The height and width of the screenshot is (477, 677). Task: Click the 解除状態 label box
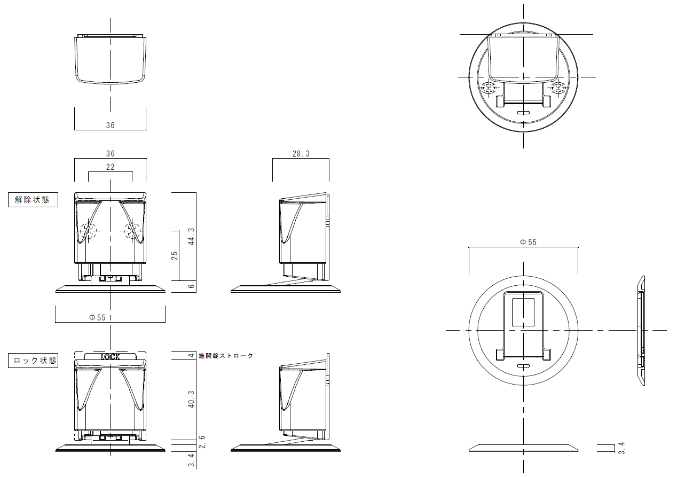pyautogui.click(x=33, y=200)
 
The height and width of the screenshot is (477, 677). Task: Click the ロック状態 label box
pyautogui.click(x=33, y=361)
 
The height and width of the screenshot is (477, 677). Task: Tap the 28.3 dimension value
pyautogui.click(x=301, y=153)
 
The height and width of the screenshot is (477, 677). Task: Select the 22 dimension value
pyautogui.click(x=111, y=167)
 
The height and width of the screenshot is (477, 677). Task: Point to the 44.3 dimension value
pyautogui.click(x=191, y=236)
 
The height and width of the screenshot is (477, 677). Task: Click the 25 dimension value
pyautogui.click(x=175, y=255)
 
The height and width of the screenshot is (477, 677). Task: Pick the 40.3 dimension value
pyautogui.click(x=191, y=400)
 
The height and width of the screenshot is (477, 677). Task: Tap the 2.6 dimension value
pyautogui.click(x=202, y=442)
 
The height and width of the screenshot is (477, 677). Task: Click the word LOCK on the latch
pyautogui.click(x=111, y=357)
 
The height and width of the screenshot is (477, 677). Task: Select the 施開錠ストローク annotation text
pyautogui.click(x=225, y=356)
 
